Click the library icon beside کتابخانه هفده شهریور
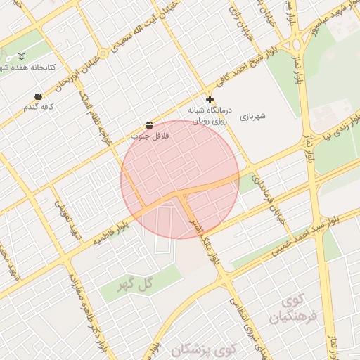21,56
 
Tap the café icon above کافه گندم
38,96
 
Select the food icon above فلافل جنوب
149,124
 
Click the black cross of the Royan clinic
209,99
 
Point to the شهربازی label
253,116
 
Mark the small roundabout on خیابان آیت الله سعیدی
104,53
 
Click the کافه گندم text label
39,108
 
